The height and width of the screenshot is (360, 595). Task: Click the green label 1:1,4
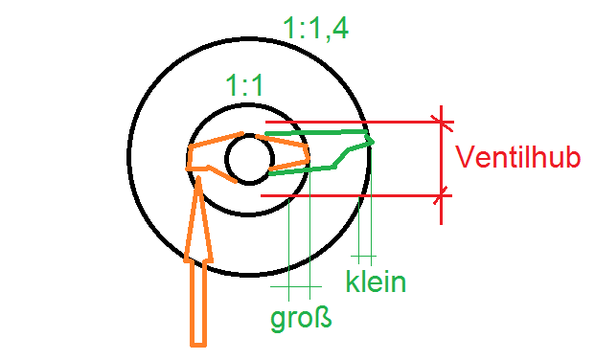tap(317, 29)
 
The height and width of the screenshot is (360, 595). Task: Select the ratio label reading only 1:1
tap(244, 87)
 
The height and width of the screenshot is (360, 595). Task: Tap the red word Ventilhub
tap(518, 157)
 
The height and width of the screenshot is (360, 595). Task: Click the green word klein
tap(376, 283)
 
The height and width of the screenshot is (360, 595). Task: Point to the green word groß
tap(301, 317)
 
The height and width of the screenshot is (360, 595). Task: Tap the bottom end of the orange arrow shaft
tap(198, 341)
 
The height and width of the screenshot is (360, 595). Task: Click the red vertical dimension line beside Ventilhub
tap(442, 158)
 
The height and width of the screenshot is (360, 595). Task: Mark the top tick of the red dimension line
tap(442, 121)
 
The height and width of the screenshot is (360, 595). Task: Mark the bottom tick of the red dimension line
tap(442, 196)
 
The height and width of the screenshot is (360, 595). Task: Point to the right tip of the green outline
tap(372, 142)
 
